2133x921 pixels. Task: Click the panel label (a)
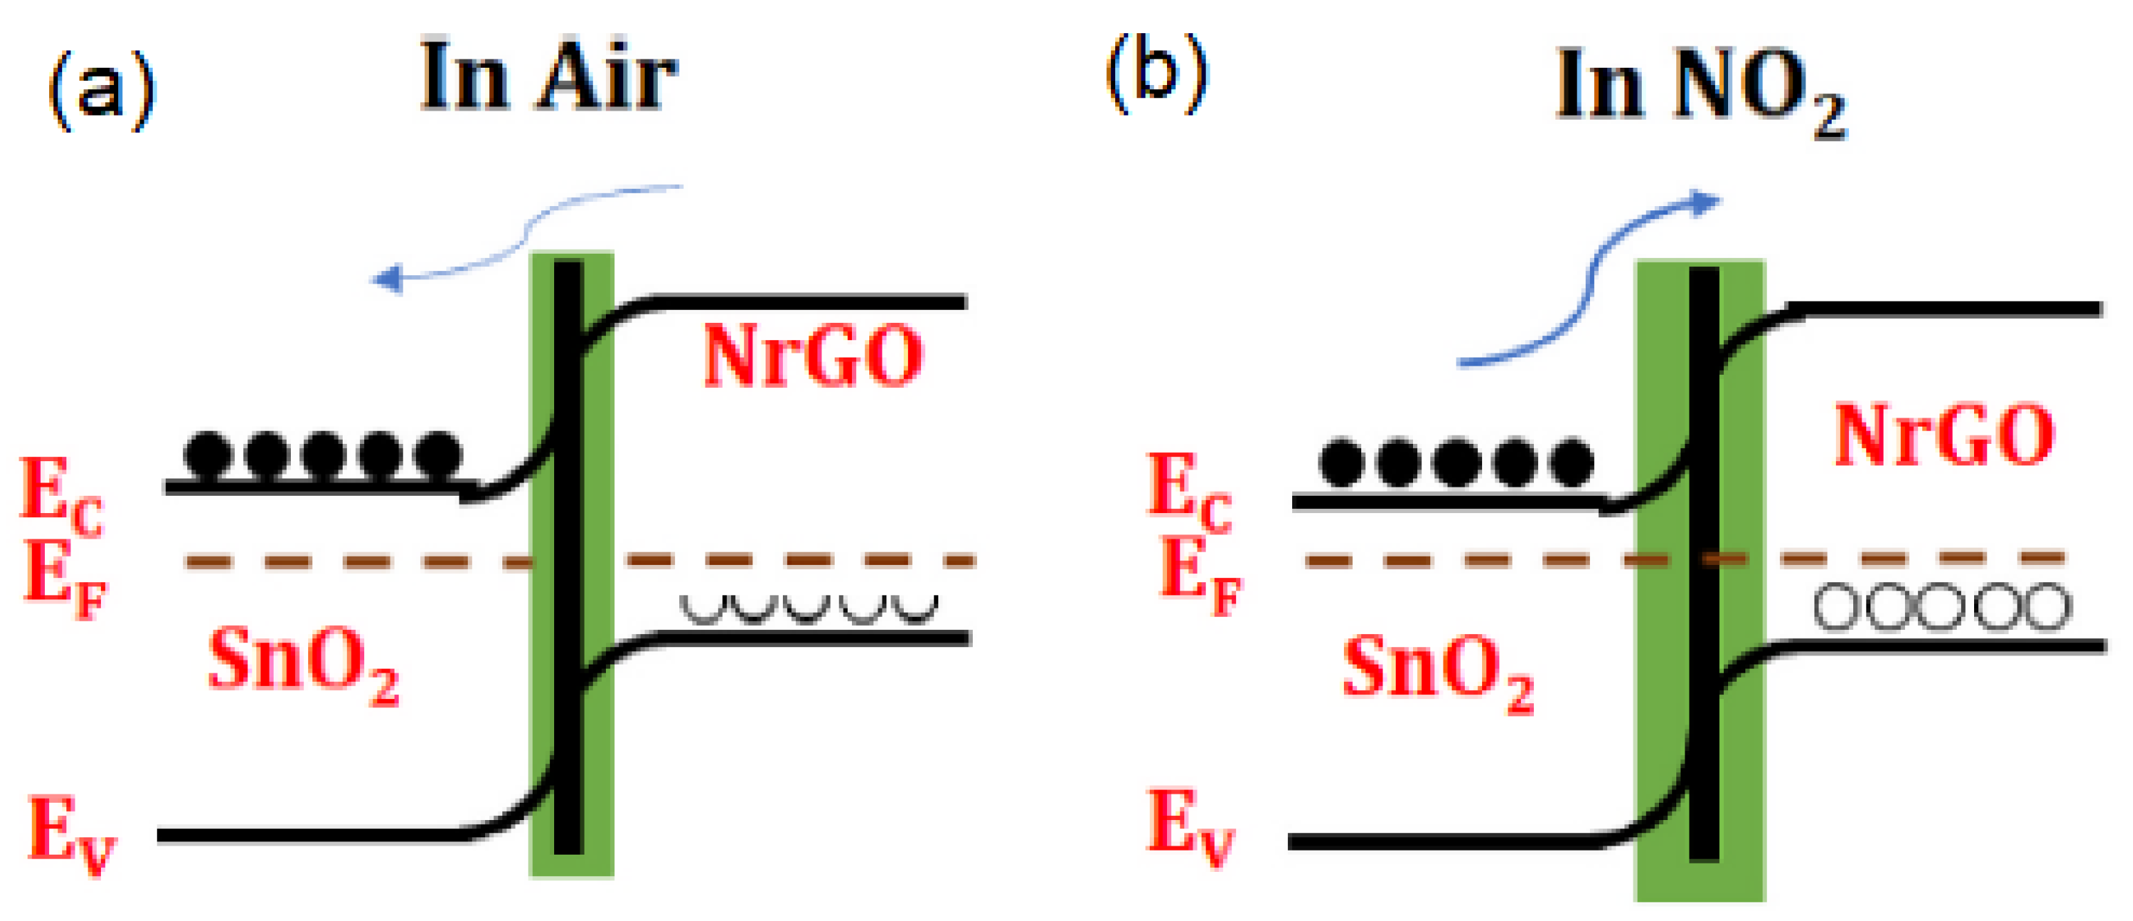pos(102,89)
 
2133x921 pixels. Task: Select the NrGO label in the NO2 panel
pos(1944,435)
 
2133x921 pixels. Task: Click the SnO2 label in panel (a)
pos(302,662)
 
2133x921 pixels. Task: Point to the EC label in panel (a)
pos(60,495)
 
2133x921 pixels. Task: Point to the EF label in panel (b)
pos(1198,573)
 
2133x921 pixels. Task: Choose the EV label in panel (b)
pos(1190,826)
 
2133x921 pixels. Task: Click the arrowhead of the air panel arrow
pos(388,278)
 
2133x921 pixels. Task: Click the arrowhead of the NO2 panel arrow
pos(1704,203)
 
